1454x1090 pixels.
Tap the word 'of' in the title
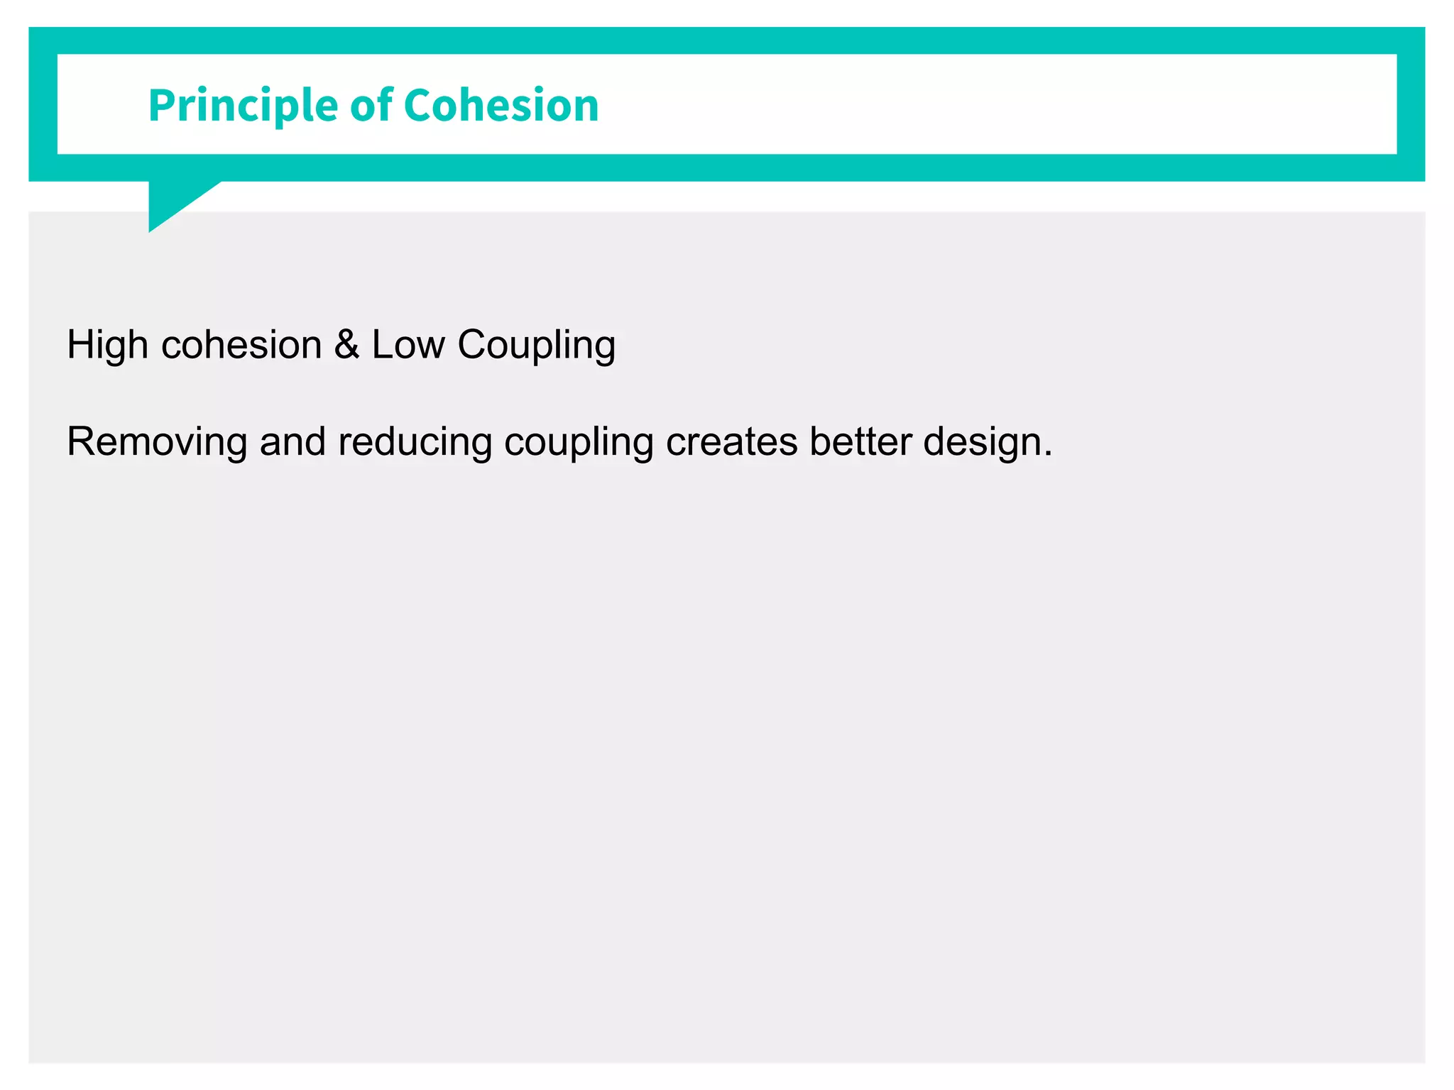[x=371, y=105]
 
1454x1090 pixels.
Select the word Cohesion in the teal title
[x=501, y=105]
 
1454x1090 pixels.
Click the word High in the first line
[x=107, y=346]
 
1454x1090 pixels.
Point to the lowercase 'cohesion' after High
[x=242, y=346]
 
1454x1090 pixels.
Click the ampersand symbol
[x=346, y=345]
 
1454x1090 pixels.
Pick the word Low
[x=408, y=346]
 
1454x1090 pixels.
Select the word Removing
[x=157, y=443]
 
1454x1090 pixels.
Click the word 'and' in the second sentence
[x=292, y=442]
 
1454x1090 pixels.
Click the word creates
[x=731, y=443]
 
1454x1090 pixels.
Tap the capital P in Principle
[x=160, y=106]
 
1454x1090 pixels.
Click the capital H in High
[x=80, y=346]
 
